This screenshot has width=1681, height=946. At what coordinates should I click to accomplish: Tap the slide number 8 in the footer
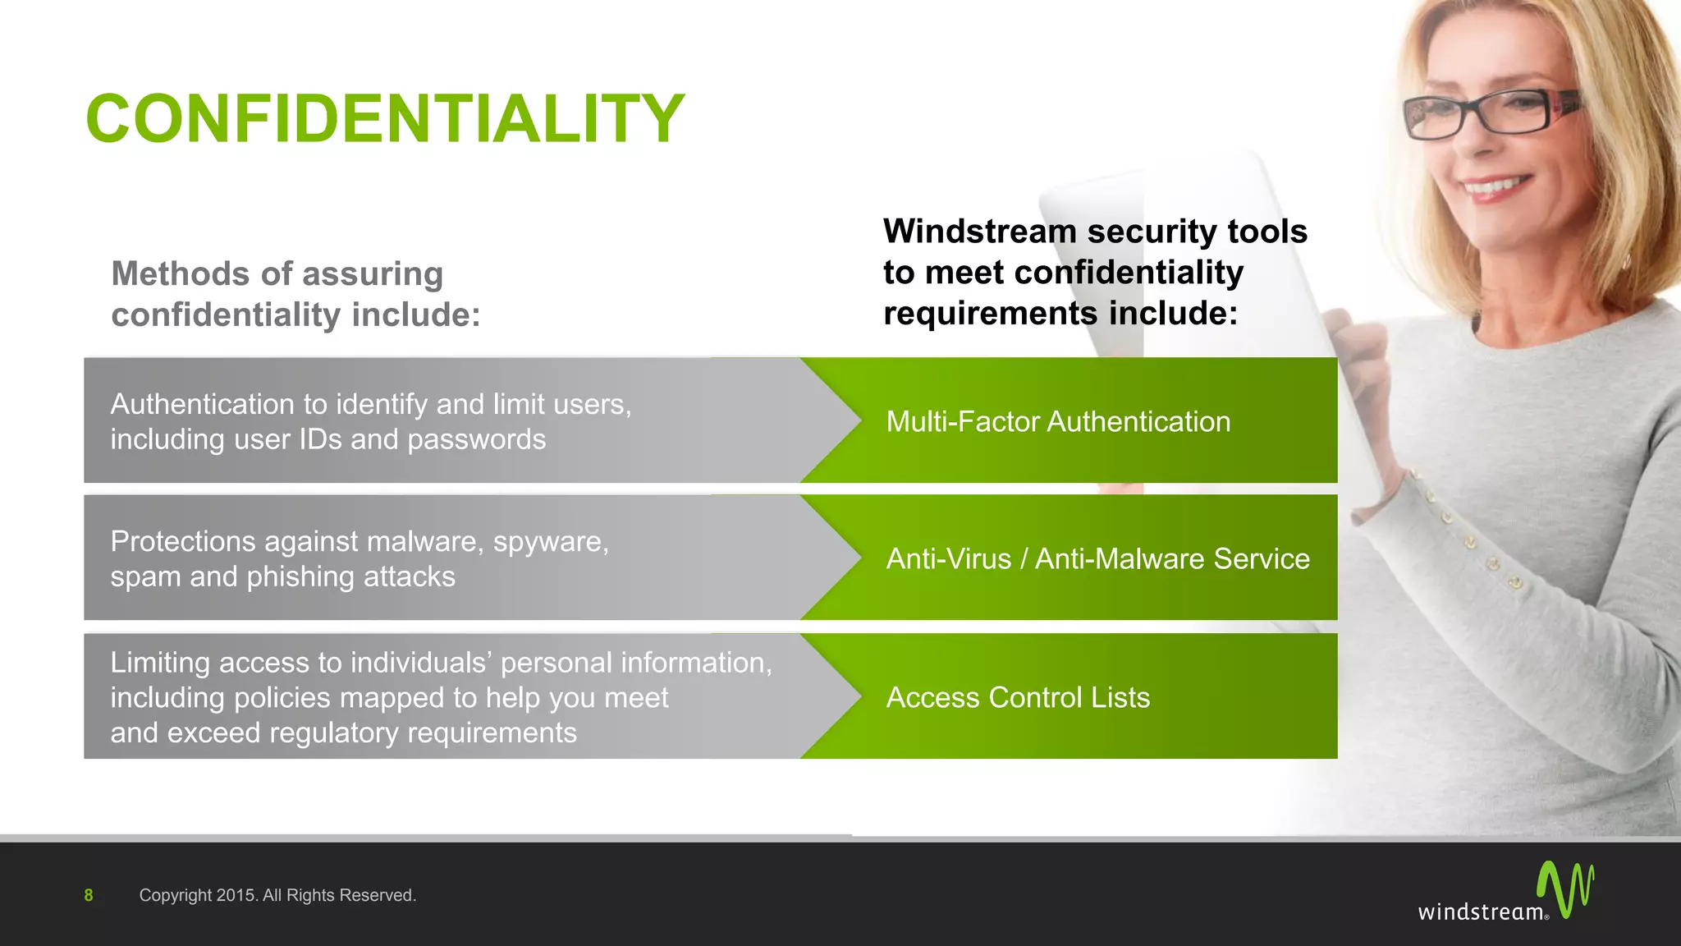[89, 895]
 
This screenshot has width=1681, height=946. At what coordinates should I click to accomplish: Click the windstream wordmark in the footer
[1481, 912]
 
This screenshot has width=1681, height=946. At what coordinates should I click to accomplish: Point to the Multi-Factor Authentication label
[1058, 421]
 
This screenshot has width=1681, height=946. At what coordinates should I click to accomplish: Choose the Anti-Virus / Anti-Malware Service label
[1097, 558]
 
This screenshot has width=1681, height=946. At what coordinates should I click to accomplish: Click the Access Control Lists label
[1018, 697]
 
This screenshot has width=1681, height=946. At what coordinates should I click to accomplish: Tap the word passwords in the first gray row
[476, 439]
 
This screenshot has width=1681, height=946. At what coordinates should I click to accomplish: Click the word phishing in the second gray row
[300, 576]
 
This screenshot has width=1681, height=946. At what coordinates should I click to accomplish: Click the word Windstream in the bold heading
[979, 232]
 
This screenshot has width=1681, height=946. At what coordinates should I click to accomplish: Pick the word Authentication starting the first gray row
[202, 404]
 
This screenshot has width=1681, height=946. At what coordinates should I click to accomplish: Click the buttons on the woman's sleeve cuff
[1469, 542]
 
